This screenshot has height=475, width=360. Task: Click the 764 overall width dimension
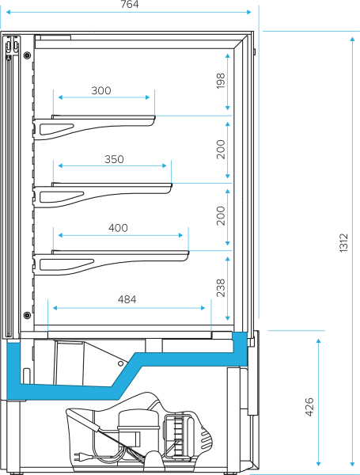tap(130, 4)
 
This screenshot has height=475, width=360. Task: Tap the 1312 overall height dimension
tap(343, 243)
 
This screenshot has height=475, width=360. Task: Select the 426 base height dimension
tap(309, 407)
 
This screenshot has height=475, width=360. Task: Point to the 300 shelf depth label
tap(101, 90)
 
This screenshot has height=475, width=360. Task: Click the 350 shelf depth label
tap(114, 159)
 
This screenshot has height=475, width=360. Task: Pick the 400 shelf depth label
tap(118, 227)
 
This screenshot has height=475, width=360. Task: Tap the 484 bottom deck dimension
tap(127, 299)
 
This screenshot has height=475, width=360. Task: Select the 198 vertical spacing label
tap(221, 81)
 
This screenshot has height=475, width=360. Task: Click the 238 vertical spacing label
tap(221, 288)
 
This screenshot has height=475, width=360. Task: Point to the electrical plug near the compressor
tap(79, 456)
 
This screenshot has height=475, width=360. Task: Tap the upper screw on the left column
tap(27, 55)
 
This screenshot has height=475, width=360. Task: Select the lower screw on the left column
tap(27, 315)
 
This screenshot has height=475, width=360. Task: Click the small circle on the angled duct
tap(120, 363)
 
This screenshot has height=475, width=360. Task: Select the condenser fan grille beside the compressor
tap(179, 435)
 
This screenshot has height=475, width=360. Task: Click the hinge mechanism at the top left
tap(12, 45)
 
